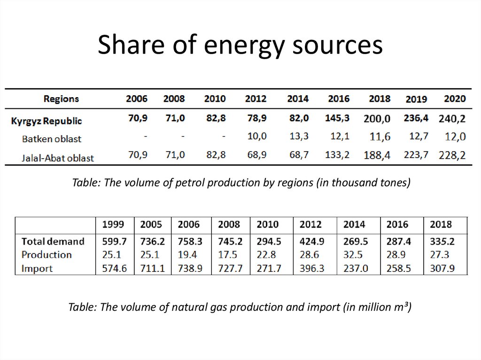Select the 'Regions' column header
(61, 99)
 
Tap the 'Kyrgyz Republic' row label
(47, 121)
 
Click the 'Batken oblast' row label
(52, 139)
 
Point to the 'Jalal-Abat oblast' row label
(58, 158)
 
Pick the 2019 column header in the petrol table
(416, 99)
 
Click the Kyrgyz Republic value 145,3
(337, 118)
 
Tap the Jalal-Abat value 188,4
(377, 155)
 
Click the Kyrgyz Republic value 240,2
(452, 119)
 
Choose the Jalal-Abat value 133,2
(337, 155)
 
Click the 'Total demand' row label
(53, 241)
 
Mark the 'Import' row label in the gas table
(37, 268)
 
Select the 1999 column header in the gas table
(113, 224)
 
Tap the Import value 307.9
(442, 268)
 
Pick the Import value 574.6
(114, 268)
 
